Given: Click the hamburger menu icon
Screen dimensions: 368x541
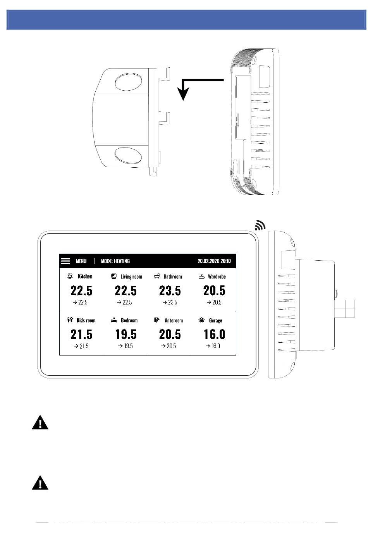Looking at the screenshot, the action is (65, 261).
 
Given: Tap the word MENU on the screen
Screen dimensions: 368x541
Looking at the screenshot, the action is (81, 261).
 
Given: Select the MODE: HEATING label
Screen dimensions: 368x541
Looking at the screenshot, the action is (115, 261).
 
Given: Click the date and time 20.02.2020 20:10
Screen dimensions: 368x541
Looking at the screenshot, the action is (214, 261).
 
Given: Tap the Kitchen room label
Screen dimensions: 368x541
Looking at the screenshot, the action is (85, 276).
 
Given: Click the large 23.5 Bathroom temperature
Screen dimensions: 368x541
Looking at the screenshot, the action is (170, 290).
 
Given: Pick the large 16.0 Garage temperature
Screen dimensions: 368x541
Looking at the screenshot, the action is (214, 335).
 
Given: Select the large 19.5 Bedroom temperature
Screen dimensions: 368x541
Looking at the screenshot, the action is (126, 335).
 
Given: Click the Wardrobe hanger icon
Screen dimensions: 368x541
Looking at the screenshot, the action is (201, 276).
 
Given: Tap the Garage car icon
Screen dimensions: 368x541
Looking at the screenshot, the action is (201, 320).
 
